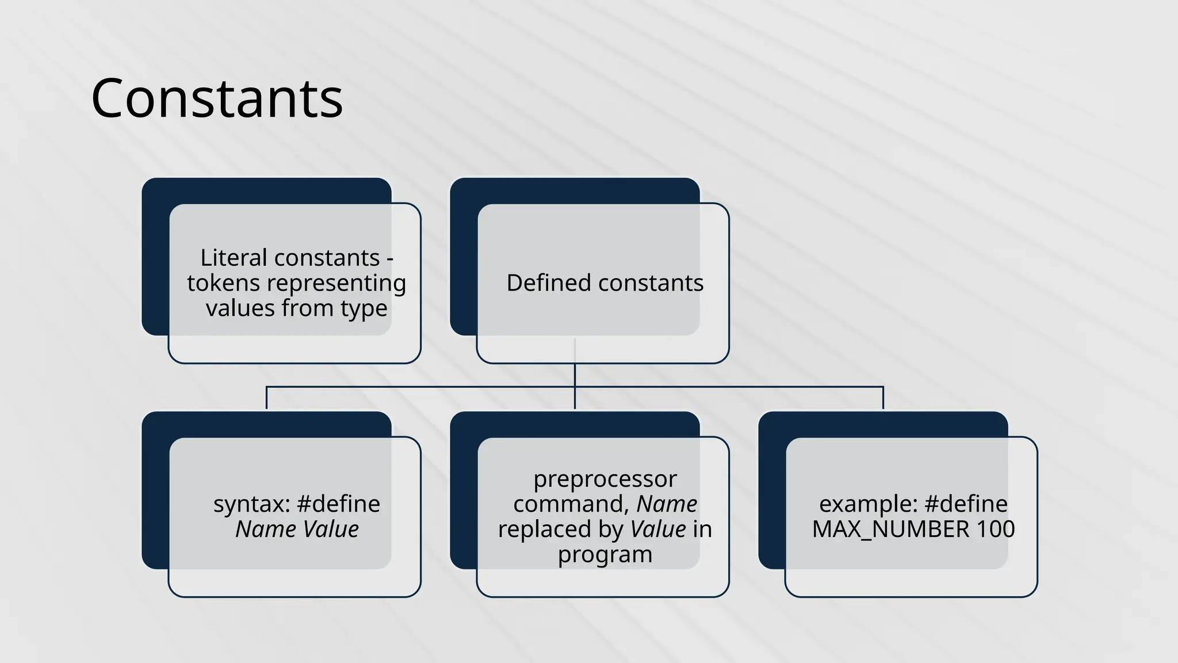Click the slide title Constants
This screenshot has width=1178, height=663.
click(x=217, y=98)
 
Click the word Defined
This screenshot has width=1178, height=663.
click(x=549, y=283)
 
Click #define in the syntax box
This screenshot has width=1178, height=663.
click(x=338, y=504)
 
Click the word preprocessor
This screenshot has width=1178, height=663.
click(x=605, y=480)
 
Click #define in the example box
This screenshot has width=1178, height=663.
click(x=966, y=504)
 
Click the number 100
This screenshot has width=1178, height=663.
click(x=996, y=529)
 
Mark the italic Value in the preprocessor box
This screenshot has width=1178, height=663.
click(x=658, y=529)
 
